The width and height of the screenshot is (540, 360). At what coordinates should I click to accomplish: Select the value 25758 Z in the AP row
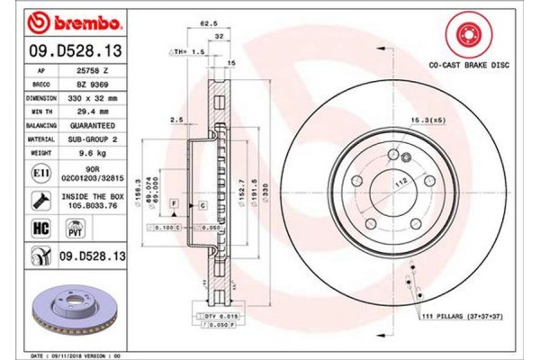(x=92, y=68)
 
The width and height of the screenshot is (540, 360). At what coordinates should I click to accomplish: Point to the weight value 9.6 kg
(x=92, y=153)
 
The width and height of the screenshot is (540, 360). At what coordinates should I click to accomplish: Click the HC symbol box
(x=40, y=230)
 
